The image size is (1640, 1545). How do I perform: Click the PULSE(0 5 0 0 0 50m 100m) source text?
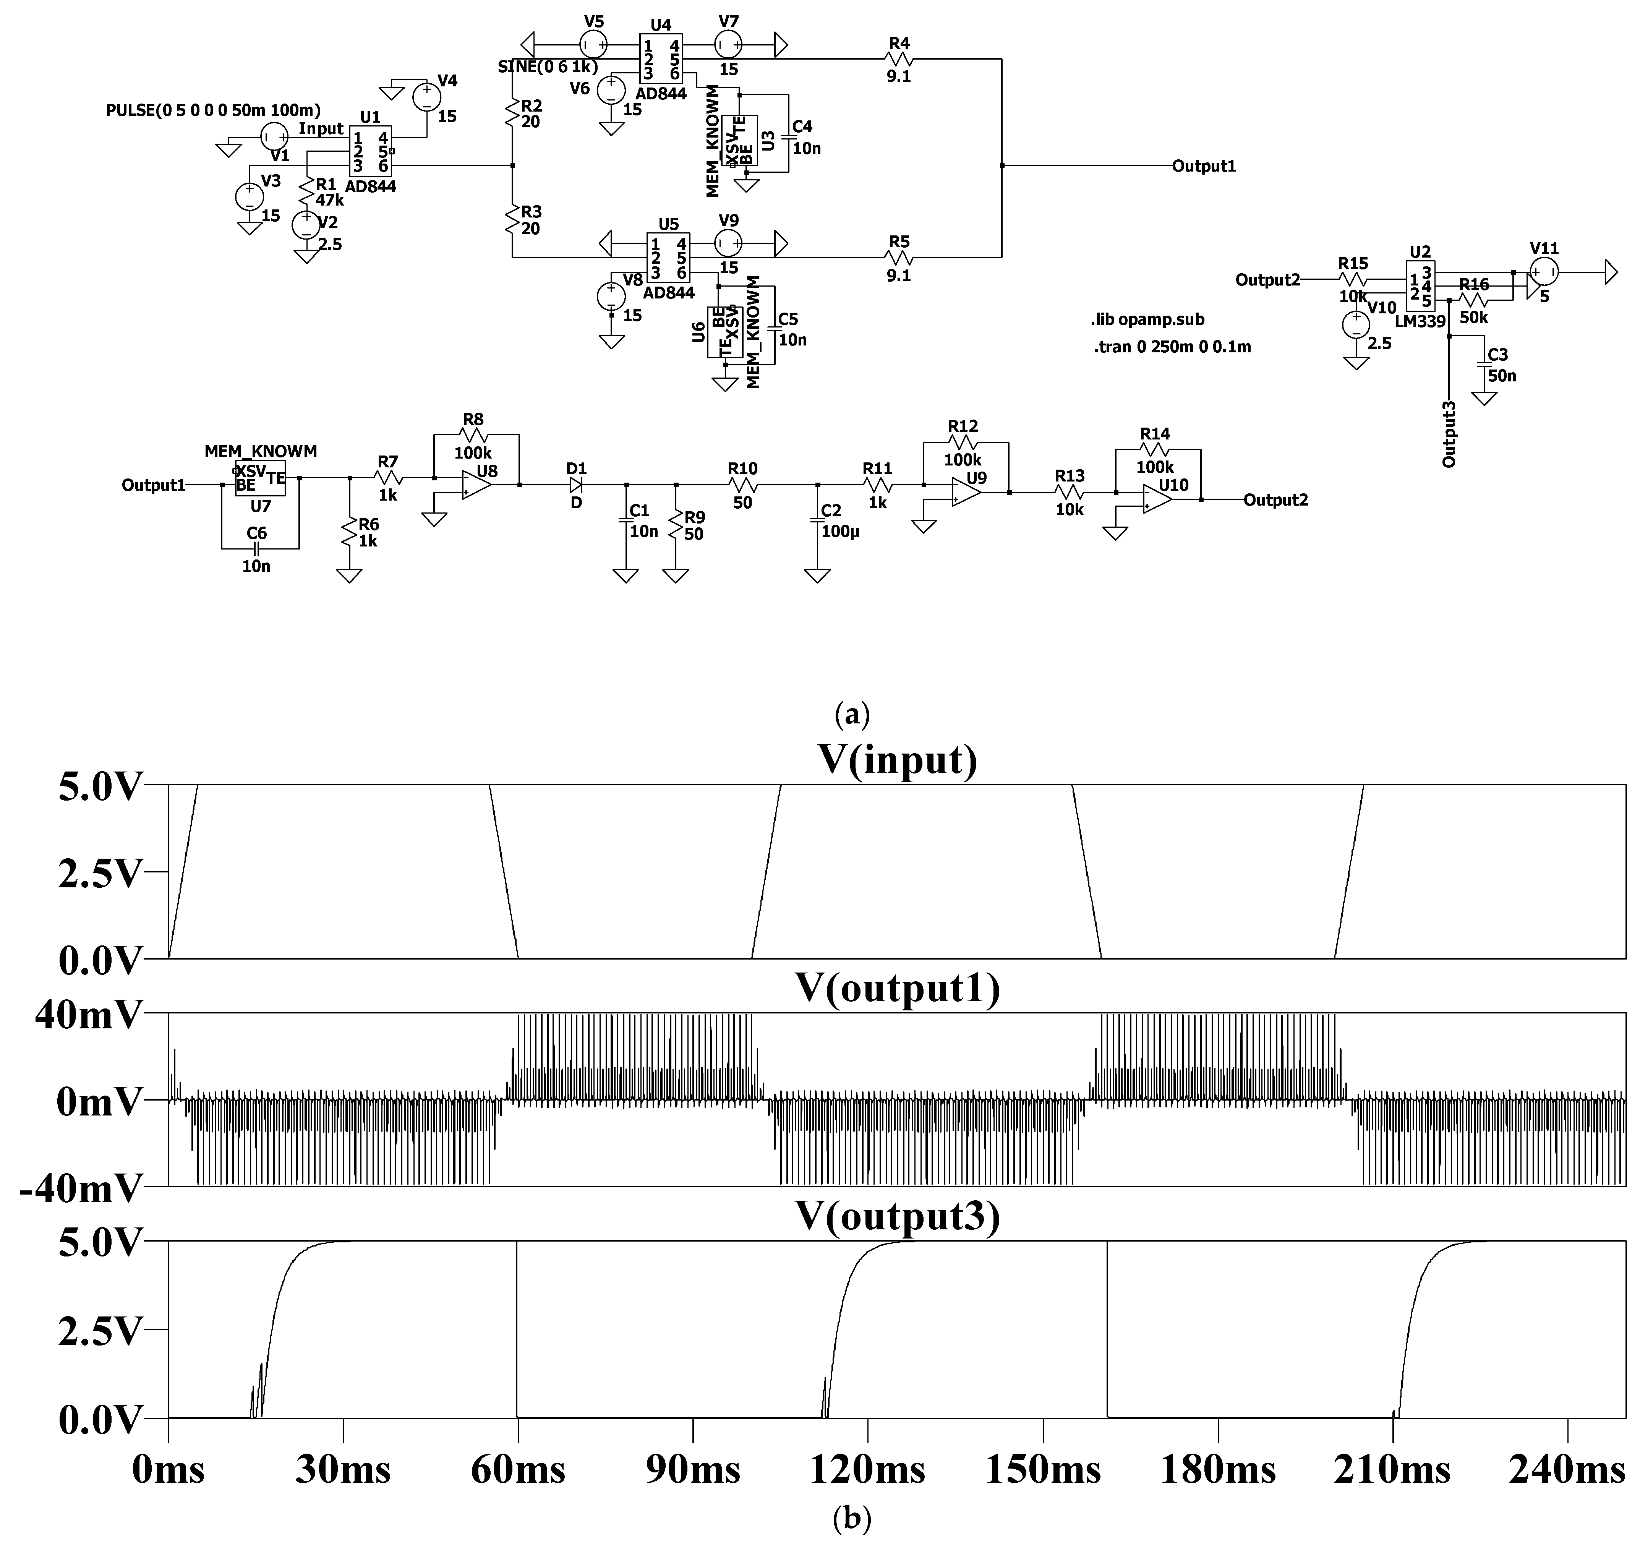click(x=213, y=110)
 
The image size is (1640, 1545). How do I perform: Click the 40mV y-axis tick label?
click(x=89, y=1015)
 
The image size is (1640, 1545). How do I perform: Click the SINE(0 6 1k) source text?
click(x=548, y=67)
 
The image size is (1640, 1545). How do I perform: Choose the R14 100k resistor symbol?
click(x=1155, y=449)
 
